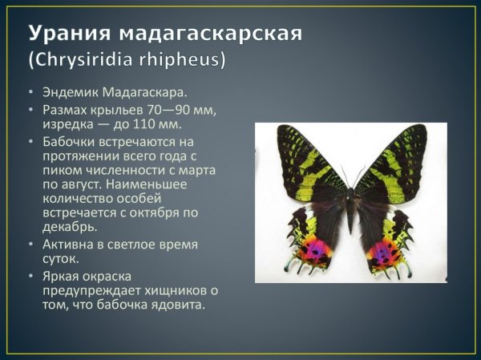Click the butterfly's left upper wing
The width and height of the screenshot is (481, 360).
coord(309,168)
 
